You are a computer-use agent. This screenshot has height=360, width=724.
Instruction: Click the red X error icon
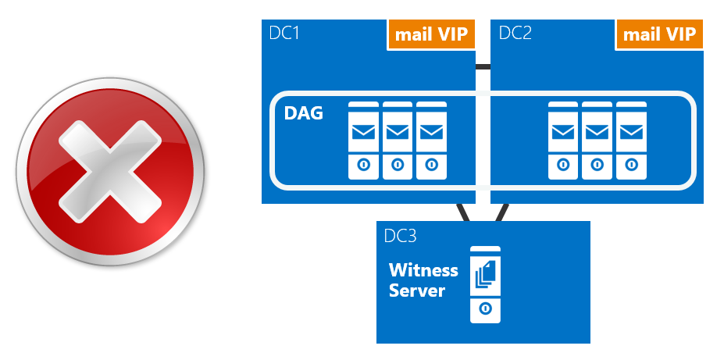coord(109,178)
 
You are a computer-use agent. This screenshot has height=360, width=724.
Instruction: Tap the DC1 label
coord(284,34)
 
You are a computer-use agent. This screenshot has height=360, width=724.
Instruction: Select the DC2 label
coord(515,34)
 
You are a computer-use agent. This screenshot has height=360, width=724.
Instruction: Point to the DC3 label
coord(401,235)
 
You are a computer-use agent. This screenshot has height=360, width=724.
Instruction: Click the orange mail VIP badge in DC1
coord(431,35)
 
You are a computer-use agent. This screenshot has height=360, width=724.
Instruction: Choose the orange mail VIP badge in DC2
coord(660,35)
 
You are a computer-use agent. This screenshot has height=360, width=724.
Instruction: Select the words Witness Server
coord(423,280)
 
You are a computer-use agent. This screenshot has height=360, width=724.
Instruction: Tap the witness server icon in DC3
coord(485,285)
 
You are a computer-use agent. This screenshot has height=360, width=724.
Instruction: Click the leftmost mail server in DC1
coord(363,141)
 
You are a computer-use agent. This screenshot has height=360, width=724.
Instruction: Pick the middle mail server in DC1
coord(397,141)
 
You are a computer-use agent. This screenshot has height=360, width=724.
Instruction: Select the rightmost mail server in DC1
coord(430,141)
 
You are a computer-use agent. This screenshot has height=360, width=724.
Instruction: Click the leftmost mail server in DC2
coord(563,141)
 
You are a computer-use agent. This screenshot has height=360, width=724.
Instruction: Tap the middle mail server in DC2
coord(597,141)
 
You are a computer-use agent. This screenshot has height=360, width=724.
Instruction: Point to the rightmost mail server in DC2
coord(630,141)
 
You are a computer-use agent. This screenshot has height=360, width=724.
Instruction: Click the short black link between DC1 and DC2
coord(483,67)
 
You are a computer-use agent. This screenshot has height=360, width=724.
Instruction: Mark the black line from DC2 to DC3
coord(501,212)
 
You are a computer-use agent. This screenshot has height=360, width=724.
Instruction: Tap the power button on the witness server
coord(485,308)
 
